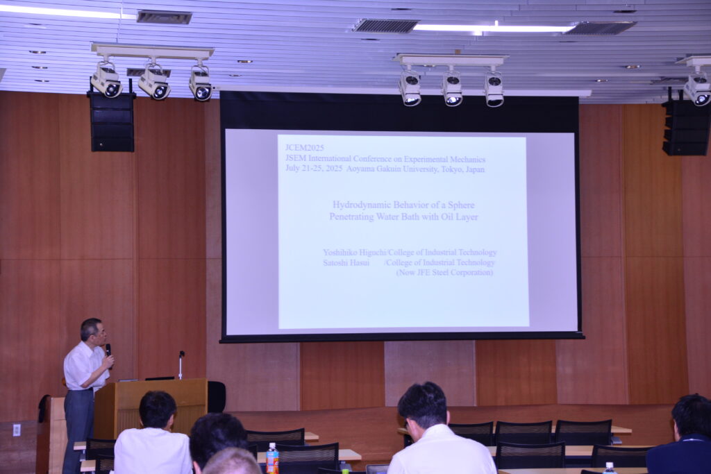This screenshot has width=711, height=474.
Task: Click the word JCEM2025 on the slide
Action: [x=304, y=148]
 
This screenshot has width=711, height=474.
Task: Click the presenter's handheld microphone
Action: [x=108, y=351]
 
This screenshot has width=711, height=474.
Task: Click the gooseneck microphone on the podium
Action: [x=181, y=365]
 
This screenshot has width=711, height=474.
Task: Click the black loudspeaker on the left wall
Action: [x=112, y=121]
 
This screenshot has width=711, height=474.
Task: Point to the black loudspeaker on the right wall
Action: [x=685, y=128]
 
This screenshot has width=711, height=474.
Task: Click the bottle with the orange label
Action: [x=272, y=458]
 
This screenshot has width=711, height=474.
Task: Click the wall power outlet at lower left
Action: [x=17, y=430]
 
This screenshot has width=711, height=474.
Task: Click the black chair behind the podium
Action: [x=217, y=397]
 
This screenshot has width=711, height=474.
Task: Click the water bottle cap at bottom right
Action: [x=610, y=464]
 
